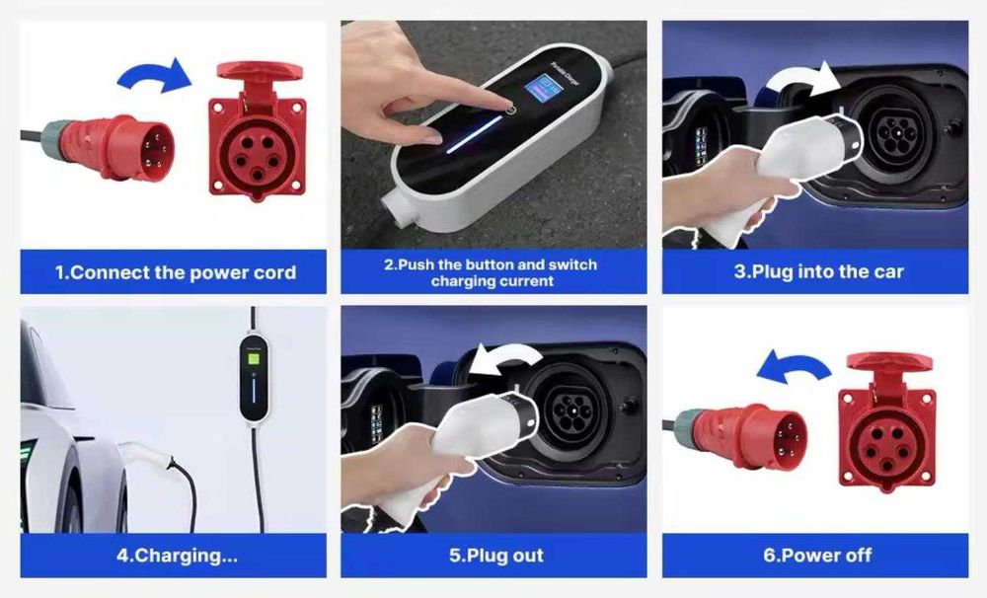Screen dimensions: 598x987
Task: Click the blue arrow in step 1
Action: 156,76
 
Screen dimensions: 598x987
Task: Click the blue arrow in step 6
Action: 794,368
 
